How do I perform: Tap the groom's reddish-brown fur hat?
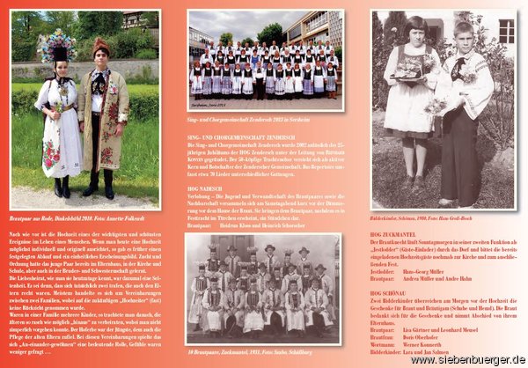point(101,47)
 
